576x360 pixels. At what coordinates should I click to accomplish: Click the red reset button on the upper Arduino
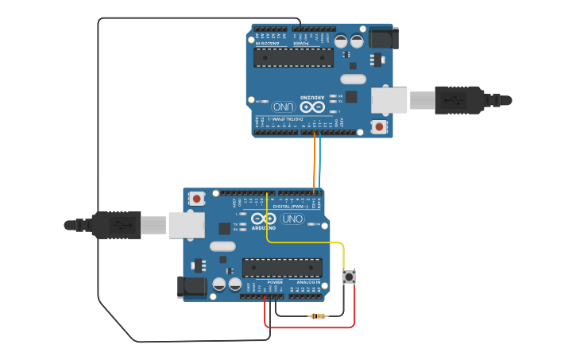pyautogui.click(x=379, y=126)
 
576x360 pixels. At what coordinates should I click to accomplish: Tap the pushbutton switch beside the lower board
pyautogui.click(x=349, y=277)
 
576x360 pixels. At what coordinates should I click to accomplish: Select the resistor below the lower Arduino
pyautogui.click(x=318, y=316)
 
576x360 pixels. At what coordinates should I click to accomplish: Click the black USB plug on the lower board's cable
pyautogui.click(x=116, y=225)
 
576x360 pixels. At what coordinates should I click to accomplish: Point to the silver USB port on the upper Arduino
pyautogui.click(x=389, y=100)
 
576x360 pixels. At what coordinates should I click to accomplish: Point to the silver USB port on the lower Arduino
pyautogui.click(x=186, y=225)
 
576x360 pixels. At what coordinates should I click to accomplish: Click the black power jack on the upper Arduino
pyautogui.click(x=383, y=37)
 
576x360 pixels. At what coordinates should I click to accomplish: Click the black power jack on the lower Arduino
pyautogui.click(x=191, y=286)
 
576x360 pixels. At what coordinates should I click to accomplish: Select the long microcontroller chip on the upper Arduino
pyautogui.click(x=293, y=57)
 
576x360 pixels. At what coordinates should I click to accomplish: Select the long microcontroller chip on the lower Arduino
pyautogui.click(x=282, y=268)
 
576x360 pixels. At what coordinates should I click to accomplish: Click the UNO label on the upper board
pyautogui.click(x=283, y=106)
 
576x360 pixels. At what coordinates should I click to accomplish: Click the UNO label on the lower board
pyautogui.click(x=292, y=219)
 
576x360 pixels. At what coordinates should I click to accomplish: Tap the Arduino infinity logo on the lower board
pyautogui.click(x=264, y=219)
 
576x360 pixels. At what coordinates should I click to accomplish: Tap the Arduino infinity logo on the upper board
pyautogui.click(x=311, y=106)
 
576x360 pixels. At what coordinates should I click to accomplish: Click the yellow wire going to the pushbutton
pyautogui.click(x=306, y=242)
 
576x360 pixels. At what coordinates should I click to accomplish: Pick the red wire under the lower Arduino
pyautogui.click(x=310, y=327)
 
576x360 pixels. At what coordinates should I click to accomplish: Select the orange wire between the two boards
pyautogui.click(x=314, y=163)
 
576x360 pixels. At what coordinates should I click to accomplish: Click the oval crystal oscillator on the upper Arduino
pyautogui.click(x=353, y=79)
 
